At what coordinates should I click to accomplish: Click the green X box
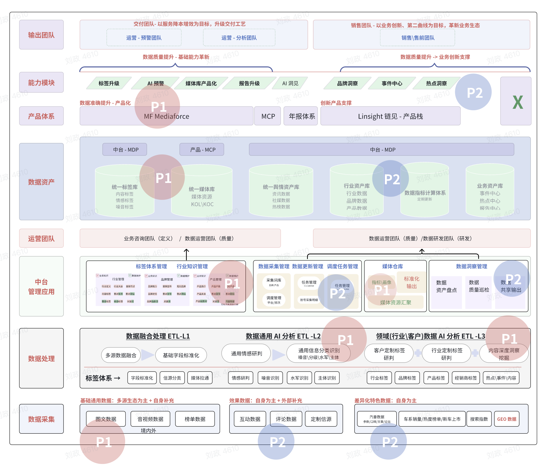coord(516,101)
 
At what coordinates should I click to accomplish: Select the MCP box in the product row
coord(268,116)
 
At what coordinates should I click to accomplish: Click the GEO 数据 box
coord(507,419)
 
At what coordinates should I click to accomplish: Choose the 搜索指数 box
coord(479,419)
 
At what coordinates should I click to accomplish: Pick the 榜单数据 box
coord(195,419)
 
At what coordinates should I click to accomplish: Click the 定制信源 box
coord(321,419)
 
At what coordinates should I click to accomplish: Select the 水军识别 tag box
coord(299,378)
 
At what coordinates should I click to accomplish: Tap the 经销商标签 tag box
coord(466,378)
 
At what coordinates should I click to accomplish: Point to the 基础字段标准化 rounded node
coord(181,355)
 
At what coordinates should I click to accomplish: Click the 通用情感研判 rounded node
coord(246,353)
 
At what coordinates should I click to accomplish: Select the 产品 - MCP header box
coord(202,149)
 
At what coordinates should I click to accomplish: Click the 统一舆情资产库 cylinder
coord(281,192)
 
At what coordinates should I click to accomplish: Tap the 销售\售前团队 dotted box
coord(418,38)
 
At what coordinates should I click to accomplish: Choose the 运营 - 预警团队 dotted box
coord(144,38)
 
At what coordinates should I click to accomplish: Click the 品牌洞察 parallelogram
coord(347,83)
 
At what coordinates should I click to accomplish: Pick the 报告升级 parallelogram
coord(249,83)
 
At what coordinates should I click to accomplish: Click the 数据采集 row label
coord(41,419)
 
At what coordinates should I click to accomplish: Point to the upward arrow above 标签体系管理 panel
coord(186,254)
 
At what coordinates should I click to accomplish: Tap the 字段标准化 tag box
coord(142,378)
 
